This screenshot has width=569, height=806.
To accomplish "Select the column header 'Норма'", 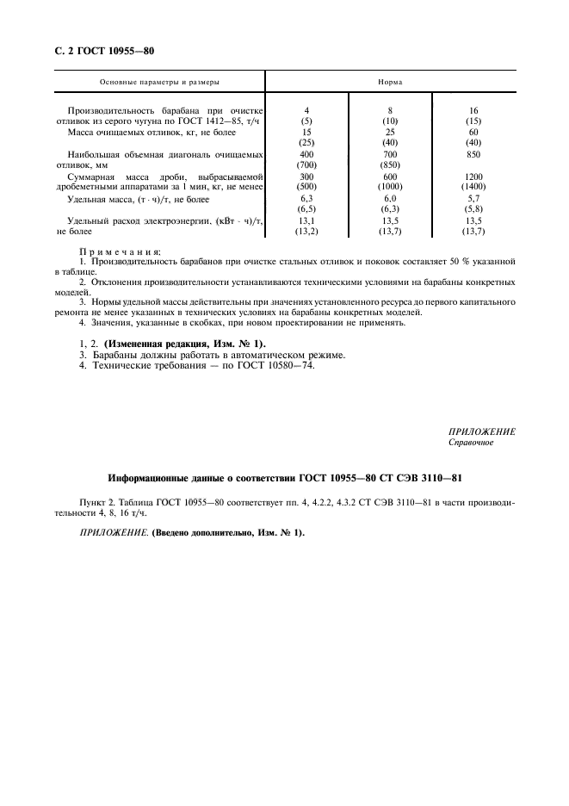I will click(x=391, y=82).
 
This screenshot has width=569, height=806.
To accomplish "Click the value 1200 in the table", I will click(x=473, y=176).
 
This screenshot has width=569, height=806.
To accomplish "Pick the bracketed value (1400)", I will click(x=473, y=186).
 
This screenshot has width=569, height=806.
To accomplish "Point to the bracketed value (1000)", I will click(x=391, y=186).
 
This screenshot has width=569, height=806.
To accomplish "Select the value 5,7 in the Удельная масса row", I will click(x=473, y=198).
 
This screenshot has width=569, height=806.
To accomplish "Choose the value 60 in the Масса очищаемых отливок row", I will click(x=473, y=132).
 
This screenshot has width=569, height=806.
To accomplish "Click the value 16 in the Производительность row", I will click(x=473, y=110).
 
